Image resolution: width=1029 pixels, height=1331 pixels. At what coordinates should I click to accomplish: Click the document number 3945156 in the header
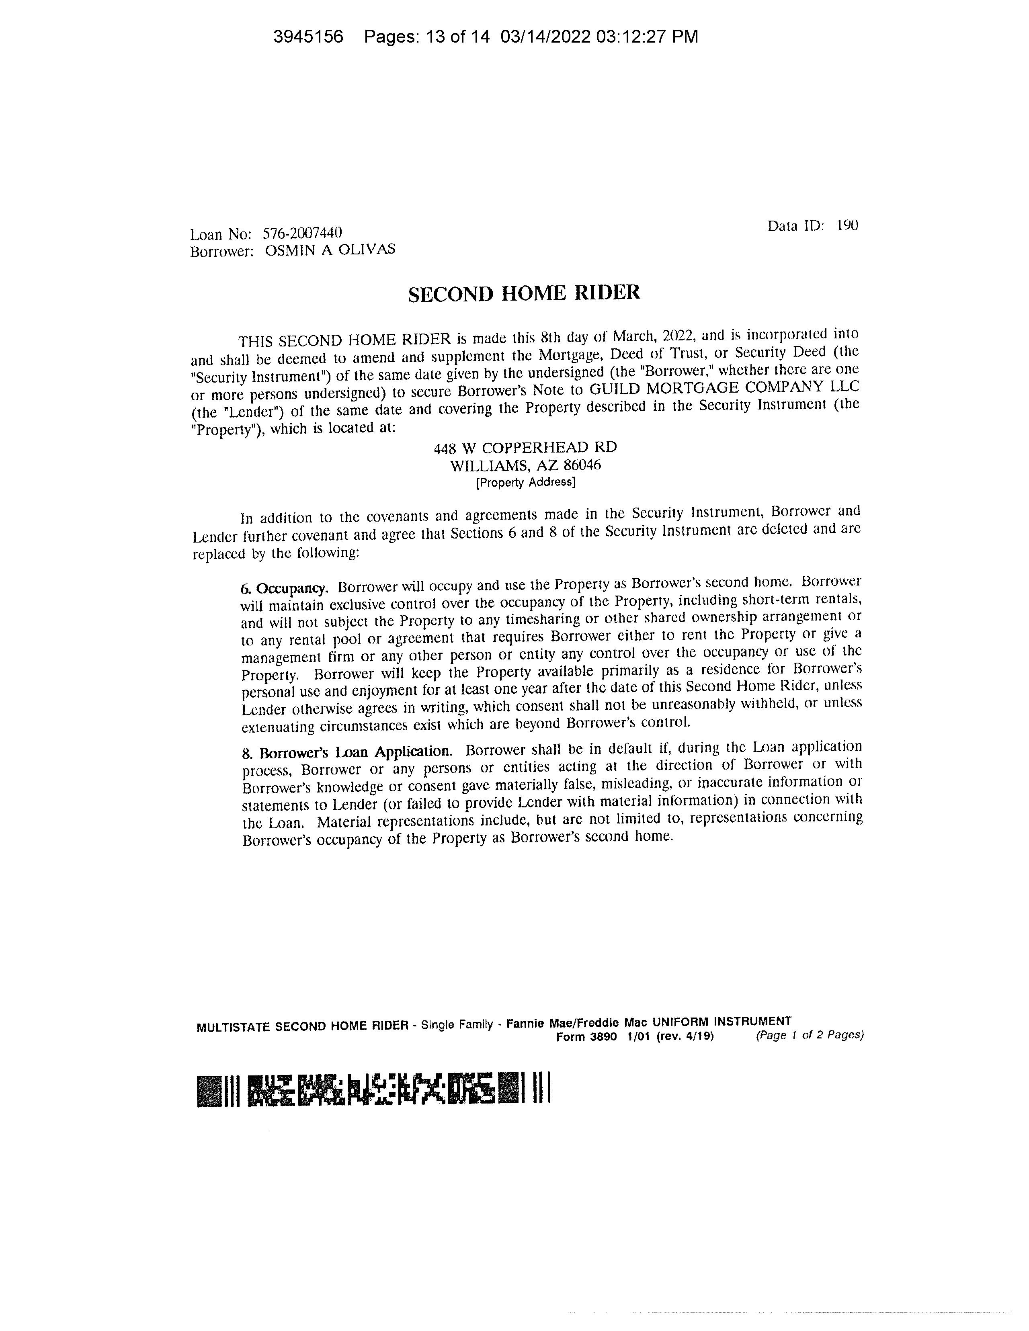[x=308, y=37]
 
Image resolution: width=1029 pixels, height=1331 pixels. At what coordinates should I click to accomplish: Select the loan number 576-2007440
[x=302, y=233]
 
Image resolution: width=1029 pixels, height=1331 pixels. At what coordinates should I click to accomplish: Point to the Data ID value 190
[x=847, y=225]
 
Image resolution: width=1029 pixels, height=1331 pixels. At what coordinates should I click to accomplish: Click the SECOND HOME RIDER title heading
[x=524, y=294]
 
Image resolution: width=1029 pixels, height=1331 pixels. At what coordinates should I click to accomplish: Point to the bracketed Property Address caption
[x=525, y=483]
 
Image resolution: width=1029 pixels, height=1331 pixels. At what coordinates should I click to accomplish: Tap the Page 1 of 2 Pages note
[x=810, y=1035]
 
